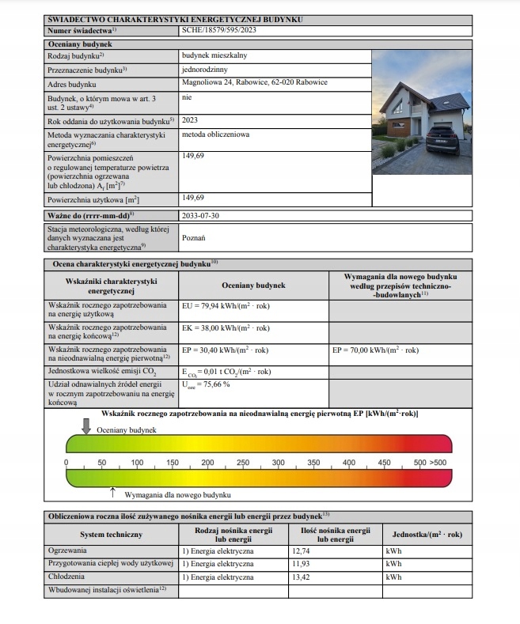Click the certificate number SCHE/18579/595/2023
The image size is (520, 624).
pyautogui.click(x=219, y=30)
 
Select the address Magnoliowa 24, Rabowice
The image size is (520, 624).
pyautogui.click(x=254, y=83)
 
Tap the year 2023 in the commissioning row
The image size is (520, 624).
pyautogui.click(x=190, y=121)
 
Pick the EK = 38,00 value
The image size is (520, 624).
pyautogui.click(x=226, y=328)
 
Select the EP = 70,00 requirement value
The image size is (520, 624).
pyautogui.click(x=376, y=350)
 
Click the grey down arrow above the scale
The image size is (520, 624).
pyautogui.click(x=86, y=425)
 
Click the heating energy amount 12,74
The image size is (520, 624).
pyautogui.click(x=302, y=550)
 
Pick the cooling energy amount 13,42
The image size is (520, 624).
pyautogui.click(x=302, y=577)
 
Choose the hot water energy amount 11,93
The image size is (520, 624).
pyautogui.click(x=302, y=564)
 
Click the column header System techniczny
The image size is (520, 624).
pyautogui.click(x=112, y=535)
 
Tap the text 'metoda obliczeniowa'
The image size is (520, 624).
pyautogui.click(x=215, y=134)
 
